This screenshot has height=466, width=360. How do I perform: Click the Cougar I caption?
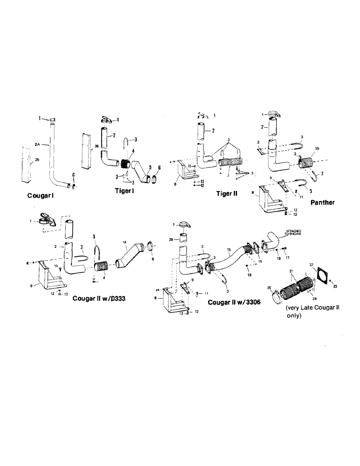click(42, 196)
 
